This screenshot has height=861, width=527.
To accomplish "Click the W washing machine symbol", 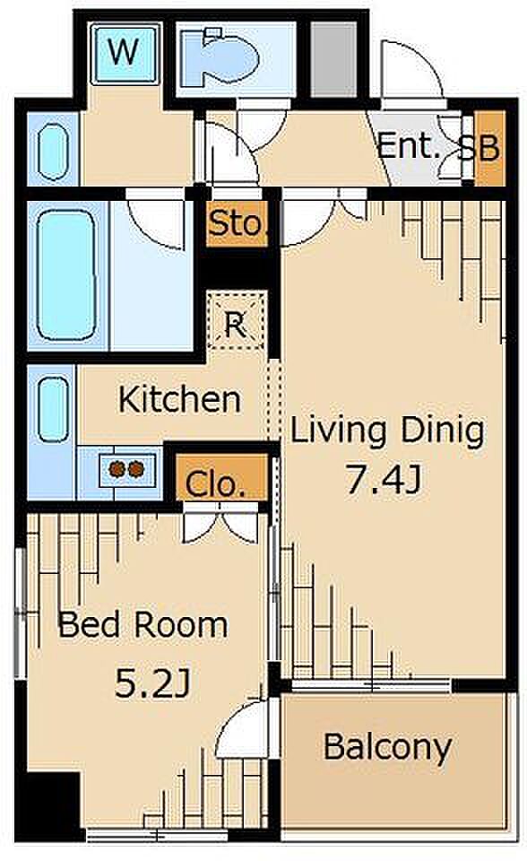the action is coord(125,54).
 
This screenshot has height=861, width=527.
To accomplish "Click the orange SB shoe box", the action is coord(489,148).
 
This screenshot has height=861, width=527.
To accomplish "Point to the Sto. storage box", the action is coord(238,223).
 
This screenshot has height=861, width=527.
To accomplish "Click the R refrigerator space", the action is coord(236,321).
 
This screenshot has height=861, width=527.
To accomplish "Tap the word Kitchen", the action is coord(179,399).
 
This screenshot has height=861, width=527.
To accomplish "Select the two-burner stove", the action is coord(126,468).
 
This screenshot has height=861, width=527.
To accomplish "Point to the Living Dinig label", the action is coord(387,431).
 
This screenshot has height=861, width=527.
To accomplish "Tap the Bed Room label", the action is coord(143,624).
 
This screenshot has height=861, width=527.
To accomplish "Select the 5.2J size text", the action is coord(152,683).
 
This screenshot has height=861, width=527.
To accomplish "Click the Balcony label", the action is coord(387,747).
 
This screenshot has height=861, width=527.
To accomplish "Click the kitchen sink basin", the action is coord(54,410).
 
